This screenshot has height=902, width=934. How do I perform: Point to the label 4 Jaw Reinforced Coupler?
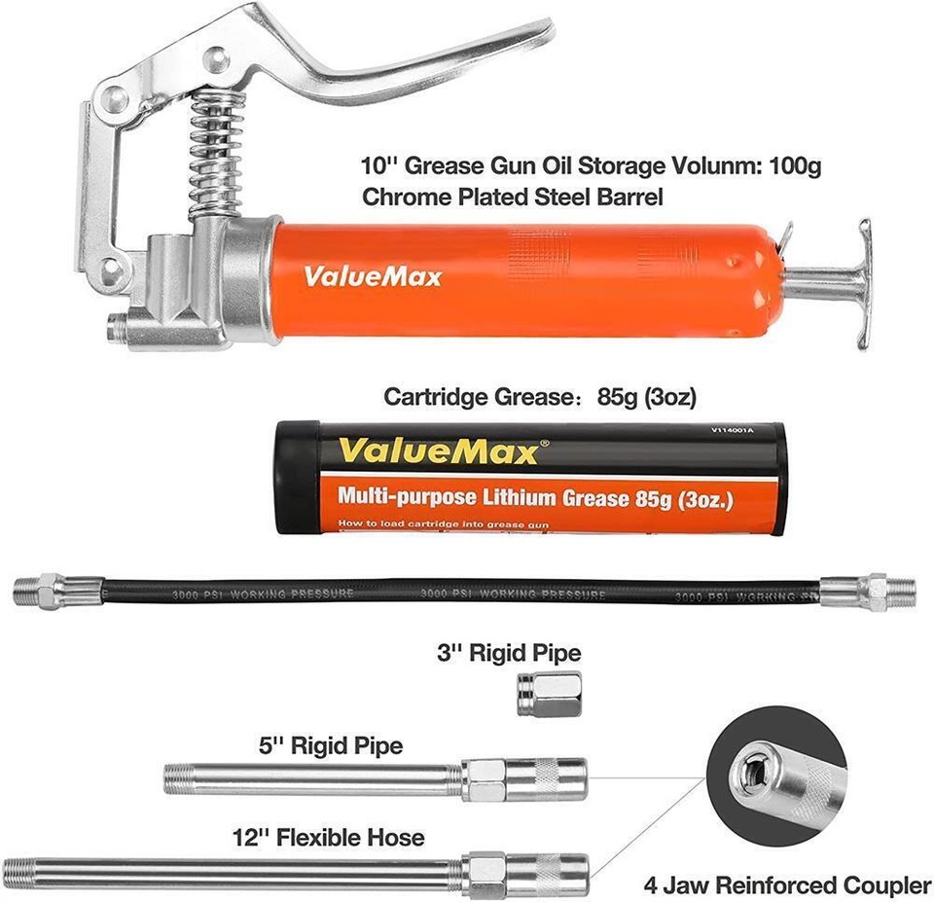[787, 884]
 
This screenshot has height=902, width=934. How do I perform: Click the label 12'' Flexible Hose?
[328, 836]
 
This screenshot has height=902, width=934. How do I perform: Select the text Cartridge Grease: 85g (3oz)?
[540, 396]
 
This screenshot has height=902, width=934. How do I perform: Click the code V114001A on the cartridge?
[726, 429]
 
